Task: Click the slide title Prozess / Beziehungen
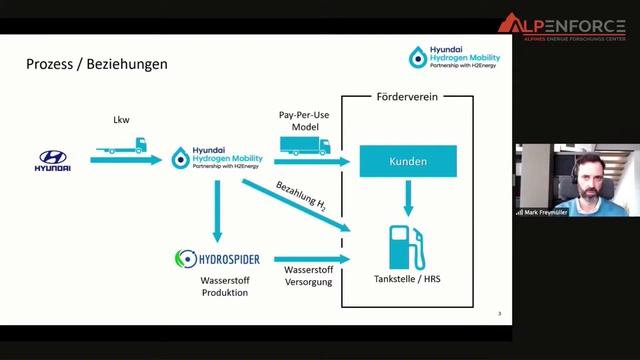coord(96,65)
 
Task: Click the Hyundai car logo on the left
coord(54,160)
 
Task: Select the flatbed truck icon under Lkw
coord(122,146)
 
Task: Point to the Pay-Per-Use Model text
coord(305,122)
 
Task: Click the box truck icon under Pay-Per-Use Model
coord(305,146)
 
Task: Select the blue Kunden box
coord(407,161)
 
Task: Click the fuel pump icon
coord(406,246)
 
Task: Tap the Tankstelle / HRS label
coord(407,279)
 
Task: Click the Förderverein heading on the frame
coord(407,98)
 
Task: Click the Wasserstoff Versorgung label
coord(305,276)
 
